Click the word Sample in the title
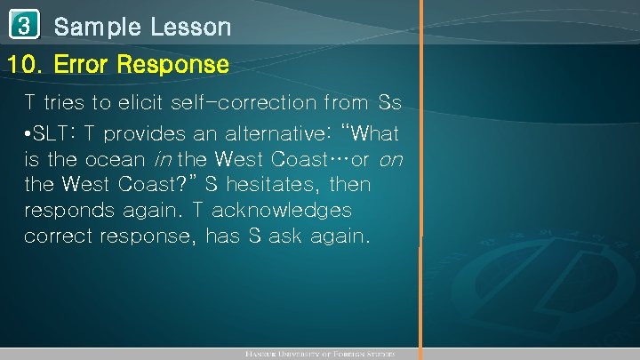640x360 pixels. [97, 28]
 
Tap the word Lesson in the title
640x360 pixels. [190, 28]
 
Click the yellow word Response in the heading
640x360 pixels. [173, 65]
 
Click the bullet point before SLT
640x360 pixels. [28, 135]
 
